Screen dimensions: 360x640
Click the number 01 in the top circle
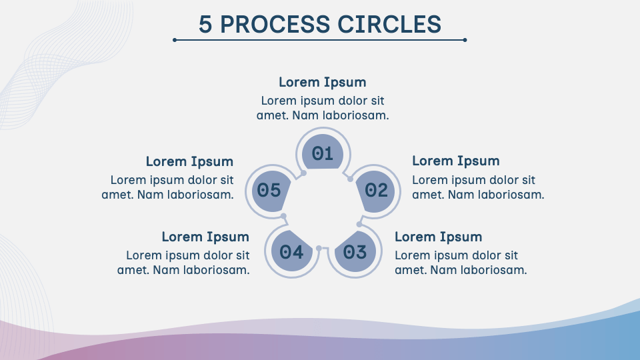click(323, 154)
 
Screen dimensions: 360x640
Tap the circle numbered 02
click(376, 191)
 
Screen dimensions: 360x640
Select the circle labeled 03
click(355, 252)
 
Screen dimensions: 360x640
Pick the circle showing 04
click(291, 252)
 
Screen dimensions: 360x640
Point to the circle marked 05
click(269, 191)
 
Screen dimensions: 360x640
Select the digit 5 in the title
click(205, 25)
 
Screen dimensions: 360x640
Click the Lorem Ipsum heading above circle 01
click(323, 83)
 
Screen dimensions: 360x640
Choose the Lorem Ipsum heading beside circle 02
click(456, 161)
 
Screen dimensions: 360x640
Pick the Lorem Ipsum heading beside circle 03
click(439, 237)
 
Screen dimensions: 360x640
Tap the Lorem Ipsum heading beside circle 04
click(205, 237)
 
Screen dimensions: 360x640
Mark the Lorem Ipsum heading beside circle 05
click(190, 161)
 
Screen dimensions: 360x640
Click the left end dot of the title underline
click(175, 40)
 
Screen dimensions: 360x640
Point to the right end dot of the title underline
click(465, 40)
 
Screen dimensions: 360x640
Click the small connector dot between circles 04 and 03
click(319, 249)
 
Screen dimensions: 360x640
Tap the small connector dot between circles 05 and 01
click(303, 173)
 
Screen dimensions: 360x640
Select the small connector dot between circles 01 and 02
click(349, 179)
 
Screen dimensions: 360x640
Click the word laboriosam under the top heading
click(354, 115)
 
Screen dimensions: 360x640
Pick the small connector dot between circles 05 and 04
click(283, 216)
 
